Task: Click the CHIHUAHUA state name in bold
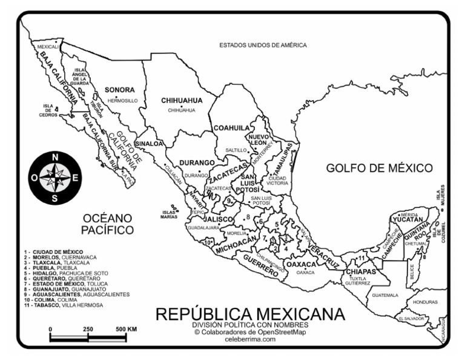coord(181,101)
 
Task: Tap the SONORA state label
coord(119,90)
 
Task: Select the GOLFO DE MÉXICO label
coord(379,168)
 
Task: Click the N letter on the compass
coord(56,157)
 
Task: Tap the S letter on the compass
coord(56,198)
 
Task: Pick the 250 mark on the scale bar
coord(88,329)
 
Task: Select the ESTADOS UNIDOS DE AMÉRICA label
coord(263,45)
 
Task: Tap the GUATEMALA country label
coord(386,296)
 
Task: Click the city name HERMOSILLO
coord(122,100)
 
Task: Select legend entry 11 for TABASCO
coord(64,305)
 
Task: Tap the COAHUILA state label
coord(231,128)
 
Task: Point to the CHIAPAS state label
coord(361,272)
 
